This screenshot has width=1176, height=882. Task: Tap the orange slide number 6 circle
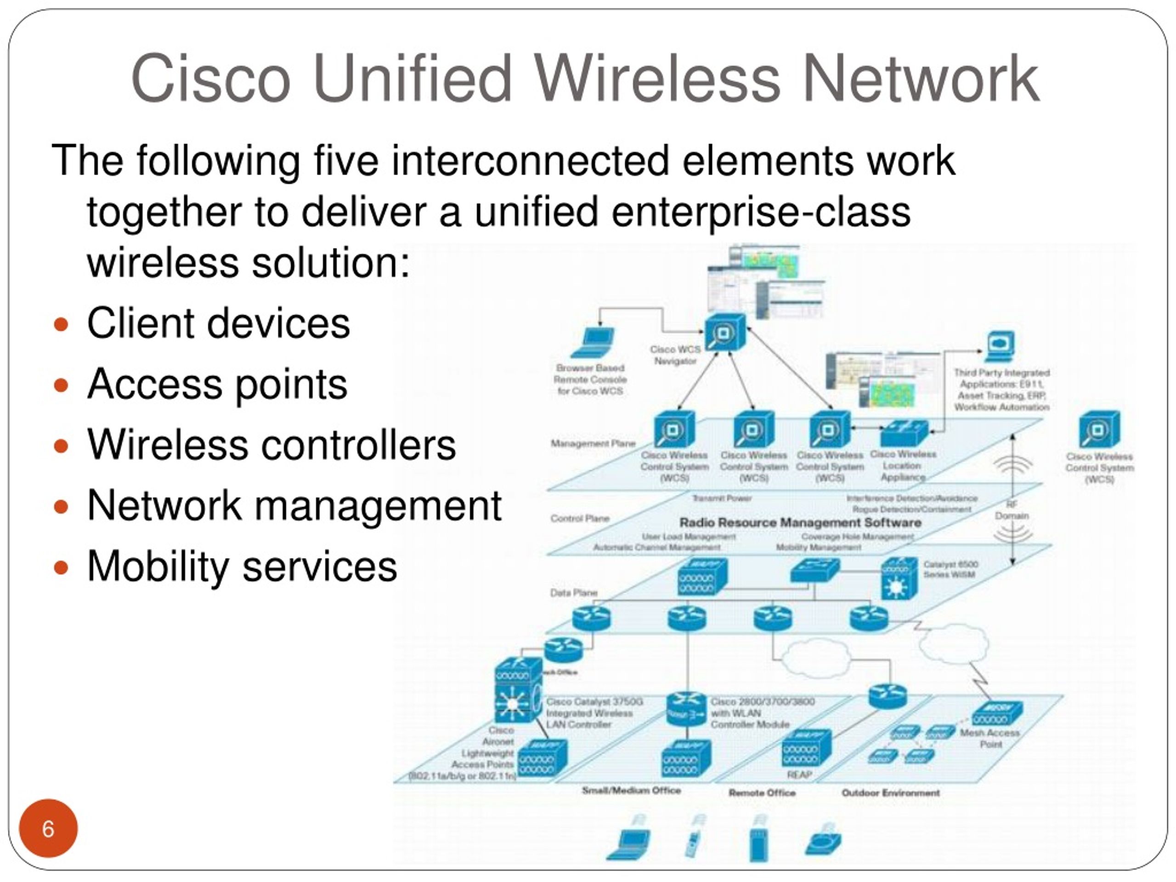click(x=48, y=828)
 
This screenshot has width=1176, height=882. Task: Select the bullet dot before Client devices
click(x=62, y=324)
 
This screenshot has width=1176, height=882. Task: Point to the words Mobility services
click(x=242, y=566)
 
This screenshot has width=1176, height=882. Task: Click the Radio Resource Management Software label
click(x=800, y=523)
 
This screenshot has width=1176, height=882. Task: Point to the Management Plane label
click(x=593, y=443)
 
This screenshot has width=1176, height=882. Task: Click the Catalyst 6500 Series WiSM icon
click(x=899, y=579)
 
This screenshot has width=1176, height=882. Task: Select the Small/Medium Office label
click(x=631, y=791)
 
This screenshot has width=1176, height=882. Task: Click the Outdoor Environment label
click(x=891, y=793)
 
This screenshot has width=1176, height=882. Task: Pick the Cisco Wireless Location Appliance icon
click(x=904, y=433)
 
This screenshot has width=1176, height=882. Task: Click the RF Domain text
click(x=1012, y=510)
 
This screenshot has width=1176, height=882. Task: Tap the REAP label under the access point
click(x=799, y=775)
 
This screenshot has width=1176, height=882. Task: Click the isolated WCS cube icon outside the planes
click(x=1099, y=430)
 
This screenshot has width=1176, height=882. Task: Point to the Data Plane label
click(x=574, y=592)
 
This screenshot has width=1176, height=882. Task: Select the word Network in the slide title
click(x=920, y=79)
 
